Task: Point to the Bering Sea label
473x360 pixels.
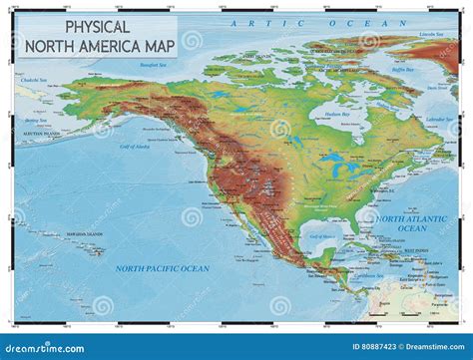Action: [33, 121]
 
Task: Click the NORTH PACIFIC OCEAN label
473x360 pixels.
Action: [162, 268]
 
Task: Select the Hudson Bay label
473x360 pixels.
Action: [340, 116]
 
